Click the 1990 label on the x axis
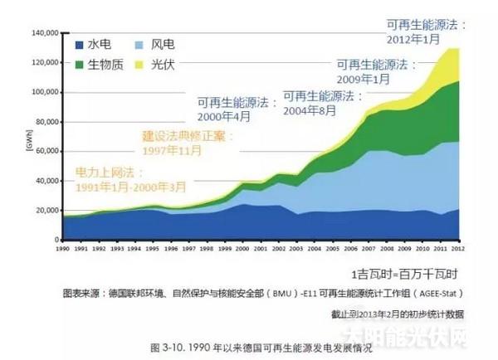[62, 248]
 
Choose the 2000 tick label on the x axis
[242, 248]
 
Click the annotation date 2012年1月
[413, 38]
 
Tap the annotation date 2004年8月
[310, 109]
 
